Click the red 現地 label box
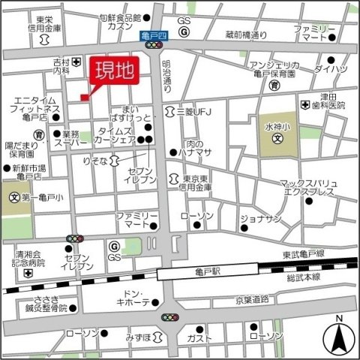115,73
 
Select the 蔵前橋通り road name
248,34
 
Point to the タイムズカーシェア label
116,135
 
